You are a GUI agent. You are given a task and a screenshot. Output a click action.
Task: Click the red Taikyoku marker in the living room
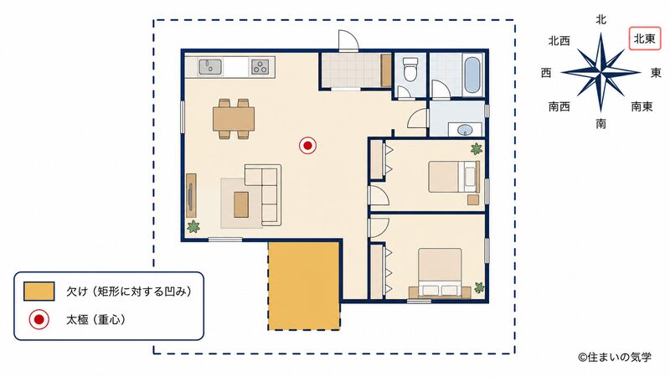coord(307,146)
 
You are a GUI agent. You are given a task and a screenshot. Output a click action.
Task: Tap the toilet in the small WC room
coord(410,69)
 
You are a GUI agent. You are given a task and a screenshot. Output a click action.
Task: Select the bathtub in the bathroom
coord(472,75)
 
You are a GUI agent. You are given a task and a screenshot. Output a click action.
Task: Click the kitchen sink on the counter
coord(210,67)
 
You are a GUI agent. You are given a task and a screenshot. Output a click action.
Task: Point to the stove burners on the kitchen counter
coord(260,67)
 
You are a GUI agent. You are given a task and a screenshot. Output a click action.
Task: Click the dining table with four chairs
coord(234,119)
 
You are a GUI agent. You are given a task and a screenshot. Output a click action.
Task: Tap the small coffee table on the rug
coord(241,204)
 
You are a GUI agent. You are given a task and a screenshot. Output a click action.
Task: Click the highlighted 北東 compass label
coord(644,39)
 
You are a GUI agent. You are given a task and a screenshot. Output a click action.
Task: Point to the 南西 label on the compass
coord(559,106)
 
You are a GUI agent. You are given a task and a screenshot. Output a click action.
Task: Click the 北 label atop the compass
coord(600,19)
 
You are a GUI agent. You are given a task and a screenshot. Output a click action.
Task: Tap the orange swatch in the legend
coord(39,291)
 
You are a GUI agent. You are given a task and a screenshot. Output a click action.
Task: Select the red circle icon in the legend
coord(39,319)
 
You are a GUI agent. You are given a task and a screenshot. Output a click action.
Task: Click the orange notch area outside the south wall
coord(304,286)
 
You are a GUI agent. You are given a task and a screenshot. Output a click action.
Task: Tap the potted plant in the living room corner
coord(193,226)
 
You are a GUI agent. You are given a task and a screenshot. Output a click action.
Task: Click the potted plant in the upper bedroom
coord(476,149)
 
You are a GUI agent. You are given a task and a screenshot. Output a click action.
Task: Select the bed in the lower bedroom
coord(441,272)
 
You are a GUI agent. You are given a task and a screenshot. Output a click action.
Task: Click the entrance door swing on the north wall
coord(348,41)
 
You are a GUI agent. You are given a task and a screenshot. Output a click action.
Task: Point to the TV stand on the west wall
coord(192,195)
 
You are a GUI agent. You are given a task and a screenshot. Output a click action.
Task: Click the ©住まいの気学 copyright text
coord(615,357)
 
